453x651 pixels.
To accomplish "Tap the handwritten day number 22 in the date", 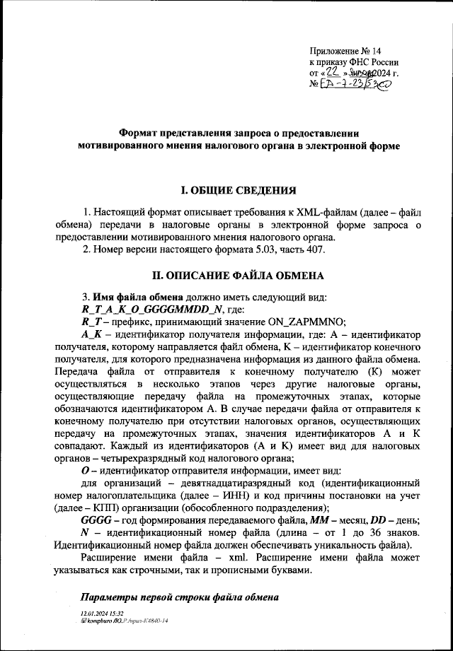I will click(333, 73).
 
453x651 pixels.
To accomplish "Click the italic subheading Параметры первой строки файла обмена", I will click(180, 597).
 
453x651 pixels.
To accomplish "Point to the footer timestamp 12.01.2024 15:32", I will click(103, 614).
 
